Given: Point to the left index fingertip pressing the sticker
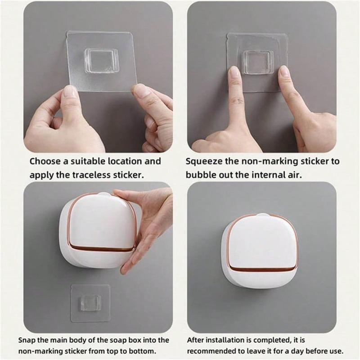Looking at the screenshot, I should tap(234, 73).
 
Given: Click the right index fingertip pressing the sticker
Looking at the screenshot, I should tap(283, 72).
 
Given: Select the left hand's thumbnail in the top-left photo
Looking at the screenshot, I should tap(69, 92).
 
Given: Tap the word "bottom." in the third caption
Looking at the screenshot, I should tap(145, 351).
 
